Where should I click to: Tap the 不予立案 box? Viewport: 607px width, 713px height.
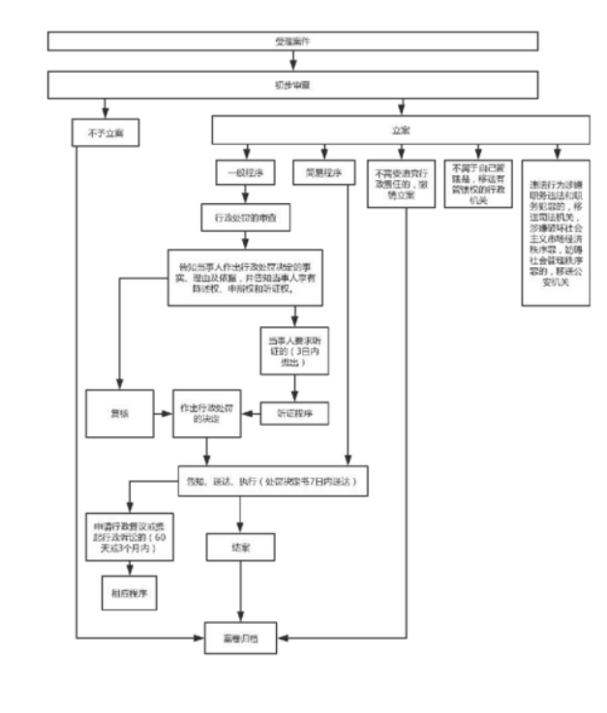point(105,132)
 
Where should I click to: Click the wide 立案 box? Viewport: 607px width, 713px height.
point(400,131)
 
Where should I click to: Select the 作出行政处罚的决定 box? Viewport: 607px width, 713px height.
point(205,413)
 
